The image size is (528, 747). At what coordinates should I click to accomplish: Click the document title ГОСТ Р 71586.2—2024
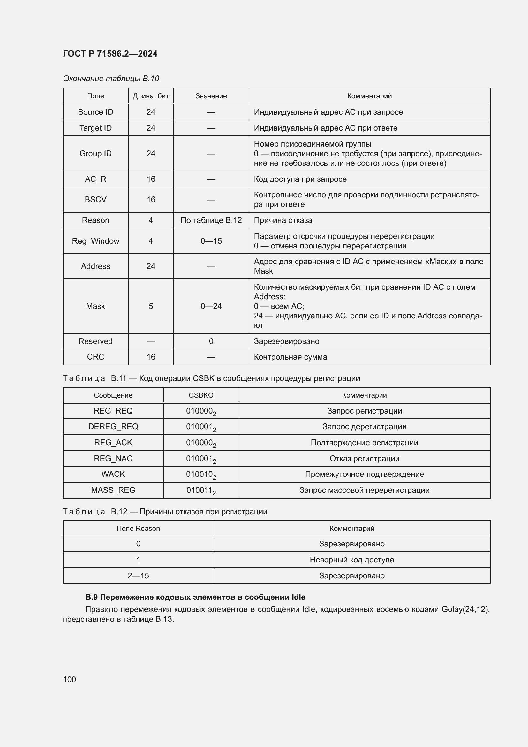(110, 54)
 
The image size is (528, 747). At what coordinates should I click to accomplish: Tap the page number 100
(69, 679)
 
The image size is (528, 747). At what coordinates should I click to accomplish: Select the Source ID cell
(95, 112)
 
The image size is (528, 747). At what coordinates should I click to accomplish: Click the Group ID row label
(95, 153)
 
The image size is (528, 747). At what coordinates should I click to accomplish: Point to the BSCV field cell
(95, 199)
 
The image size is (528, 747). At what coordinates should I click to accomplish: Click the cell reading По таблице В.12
(211, 220)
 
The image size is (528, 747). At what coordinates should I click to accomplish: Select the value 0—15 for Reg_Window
(211, 241)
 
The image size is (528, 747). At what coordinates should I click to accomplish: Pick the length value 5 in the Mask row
(151, 306)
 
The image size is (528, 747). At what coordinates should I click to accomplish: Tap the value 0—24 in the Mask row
(211, 306)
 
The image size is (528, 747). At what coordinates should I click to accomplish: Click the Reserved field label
(95, 341)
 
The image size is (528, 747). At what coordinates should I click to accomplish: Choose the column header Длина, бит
(151, 96)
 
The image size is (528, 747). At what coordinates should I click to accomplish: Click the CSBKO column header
(201, 395)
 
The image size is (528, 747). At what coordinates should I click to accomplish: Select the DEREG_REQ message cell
(113, 427)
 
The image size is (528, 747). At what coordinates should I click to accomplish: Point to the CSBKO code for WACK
(201, 474)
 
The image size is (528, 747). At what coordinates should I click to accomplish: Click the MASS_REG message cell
(113, 490)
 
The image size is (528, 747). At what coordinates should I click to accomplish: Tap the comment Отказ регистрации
(364, 458)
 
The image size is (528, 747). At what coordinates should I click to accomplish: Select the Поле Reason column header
(138, 528)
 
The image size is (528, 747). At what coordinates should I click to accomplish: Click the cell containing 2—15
(138, 575)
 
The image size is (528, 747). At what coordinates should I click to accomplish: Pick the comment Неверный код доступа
(352, 560)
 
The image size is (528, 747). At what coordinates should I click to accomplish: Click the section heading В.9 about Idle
(195, 597)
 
